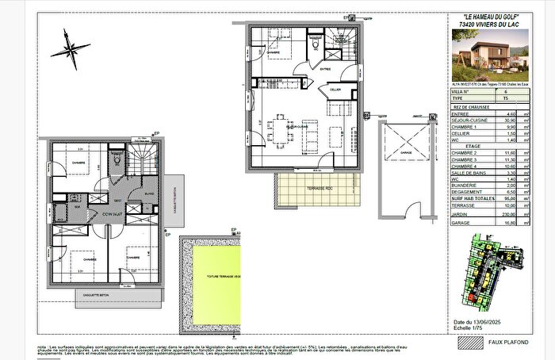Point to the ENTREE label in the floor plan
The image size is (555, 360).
point(325,68)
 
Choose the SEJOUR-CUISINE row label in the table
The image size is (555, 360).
point(467,120)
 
